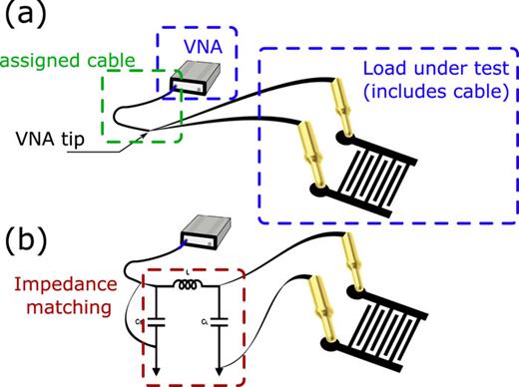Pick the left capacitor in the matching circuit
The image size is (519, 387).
(x=153, y=322)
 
